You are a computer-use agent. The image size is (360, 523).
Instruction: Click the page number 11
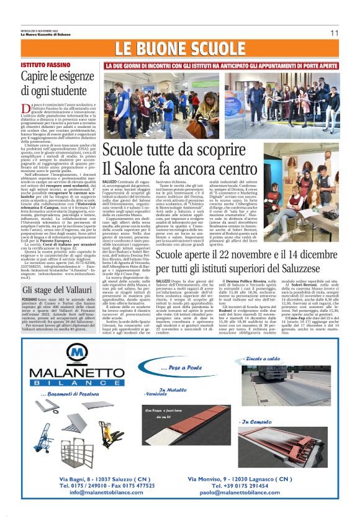(334, 32)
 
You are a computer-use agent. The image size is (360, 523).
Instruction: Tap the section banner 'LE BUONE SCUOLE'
(179, 49)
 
